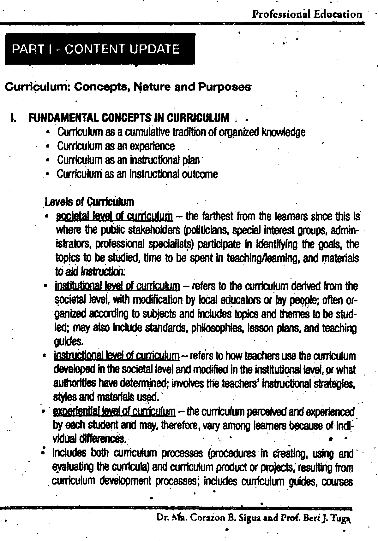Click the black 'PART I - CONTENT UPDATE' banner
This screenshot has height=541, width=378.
[x=96, y=49]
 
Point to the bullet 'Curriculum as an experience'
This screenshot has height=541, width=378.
[x=116, y=146]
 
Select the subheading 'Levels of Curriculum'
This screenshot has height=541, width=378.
[x=89, y=201]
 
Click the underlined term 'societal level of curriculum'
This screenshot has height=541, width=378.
[x=114, y=216]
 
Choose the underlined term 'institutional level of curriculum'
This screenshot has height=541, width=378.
[x=117, y=286]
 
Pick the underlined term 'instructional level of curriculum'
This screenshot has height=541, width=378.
[x=117, y=356]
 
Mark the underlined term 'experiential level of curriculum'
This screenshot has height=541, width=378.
[x=114, y=411]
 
